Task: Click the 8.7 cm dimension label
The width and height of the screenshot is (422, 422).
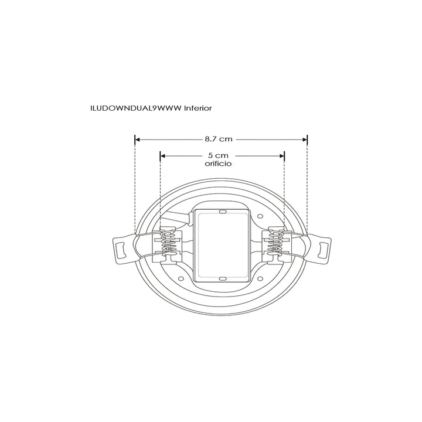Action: (219, 139)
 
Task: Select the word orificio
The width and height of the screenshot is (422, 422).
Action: (217, 165)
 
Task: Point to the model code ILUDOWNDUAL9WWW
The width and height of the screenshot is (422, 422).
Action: (136, 108)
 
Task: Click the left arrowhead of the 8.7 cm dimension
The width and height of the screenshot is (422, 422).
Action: (138, 139)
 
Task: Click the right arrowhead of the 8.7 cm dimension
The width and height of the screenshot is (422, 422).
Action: (304, 139)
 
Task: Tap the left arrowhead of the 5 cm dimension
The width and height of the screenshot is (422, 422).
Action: (163, 156)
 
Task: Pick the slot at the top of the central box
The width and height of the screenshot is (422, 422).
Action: (222, 211)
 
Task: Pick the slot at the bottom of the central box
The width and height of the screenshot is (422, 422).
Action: (222, 278)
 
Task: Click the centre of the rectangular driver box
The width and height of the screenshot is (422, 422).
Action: (222, 244)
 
